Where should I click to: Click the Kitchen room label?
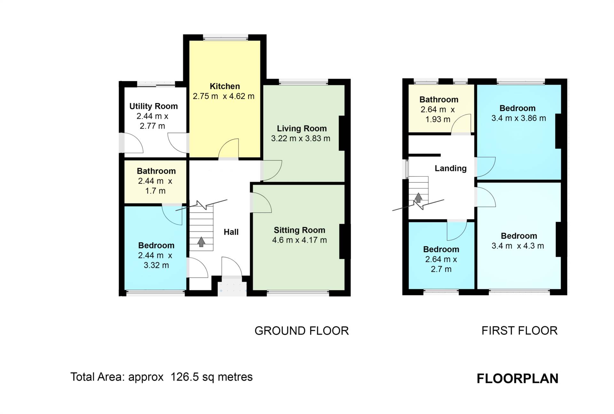tap(225, 86)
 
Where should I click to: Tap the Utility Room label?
tap(153, 106)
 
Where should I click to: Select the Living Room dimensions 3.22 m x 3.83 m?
tap(301, 138)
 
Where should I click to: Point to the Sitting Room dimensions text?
tap(300, 240)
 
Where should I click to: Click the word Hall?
tap(231, 232)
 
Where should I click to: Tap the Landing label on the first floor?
tap(451, 168)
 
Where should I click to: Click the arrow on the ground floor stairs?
tap(201, 242)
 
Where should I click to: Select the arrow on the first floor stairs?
tap(418, 198)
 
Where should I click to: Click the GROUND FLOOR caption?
tap(302, 331)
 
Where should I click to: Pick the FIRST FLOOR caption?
tap(520, 331)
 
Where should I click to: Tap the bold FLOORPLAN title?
tap(518, 378)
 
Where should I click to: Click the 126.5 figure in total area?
tap(185, 377)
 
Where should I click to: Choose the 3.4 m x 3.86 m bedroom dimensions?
tap(519, 118)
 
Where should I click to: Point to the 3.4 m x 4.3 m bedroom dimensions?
tap(518, 246)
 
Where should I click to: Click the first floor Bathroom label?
tap(439, 99)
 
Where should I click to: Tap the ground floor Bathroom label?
tap(156, 171)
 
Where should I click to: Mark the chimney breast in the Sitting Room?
tap(342, 242)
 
